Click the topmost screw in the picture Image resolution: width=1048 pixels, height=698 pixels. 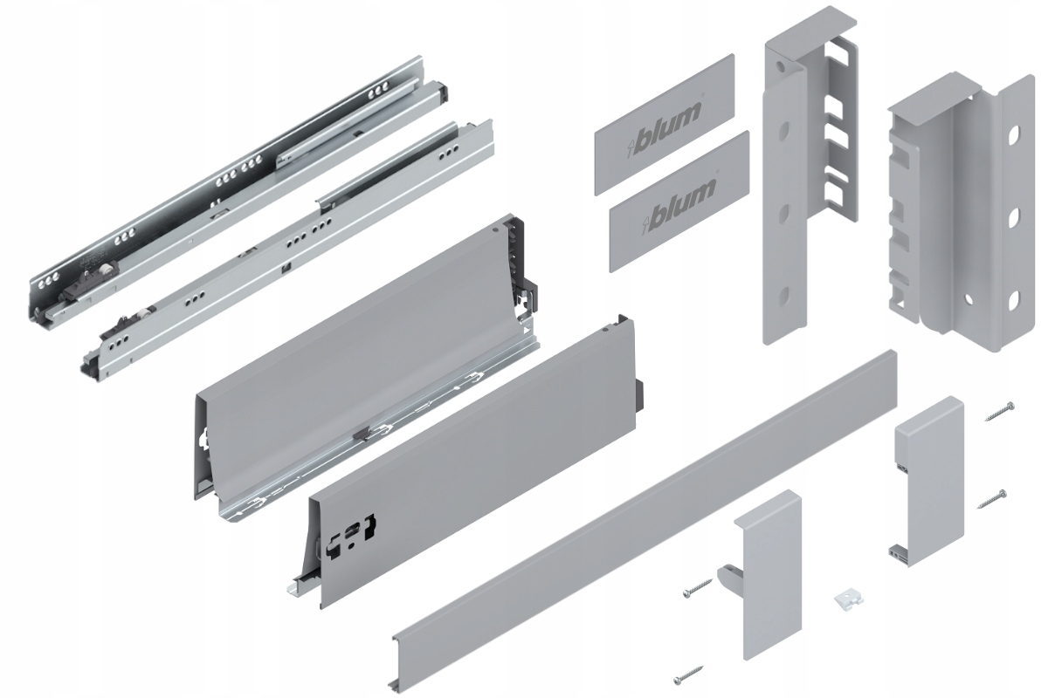997,411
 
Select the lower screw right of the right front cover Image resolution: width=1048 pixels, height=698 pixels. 994,499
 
